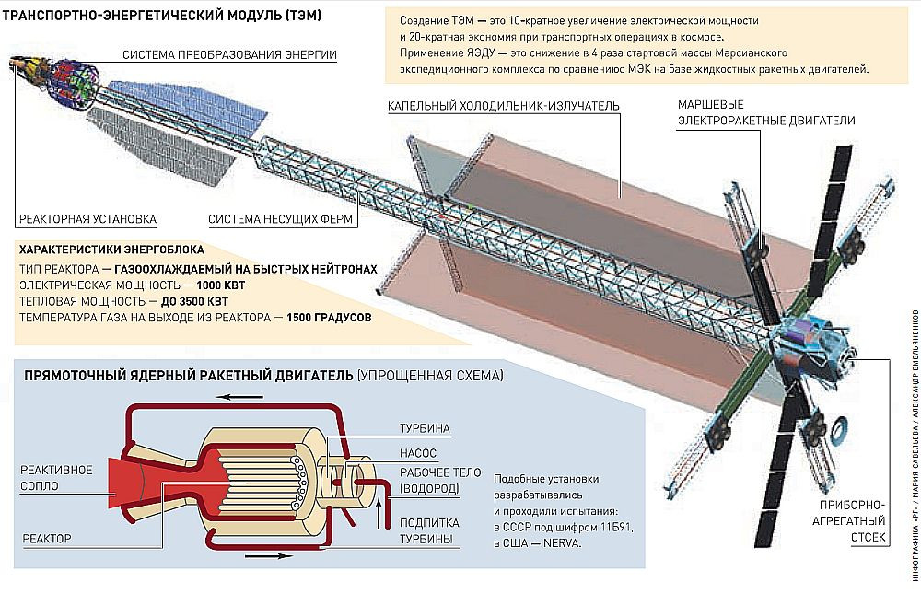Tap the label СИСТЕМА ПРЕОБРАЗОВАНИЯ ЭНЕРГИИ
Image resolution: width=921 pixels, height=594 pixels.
pos(233,55)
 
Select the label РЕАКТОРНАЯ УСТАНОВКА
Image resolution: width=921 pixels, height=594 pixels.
pos(87,219)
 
